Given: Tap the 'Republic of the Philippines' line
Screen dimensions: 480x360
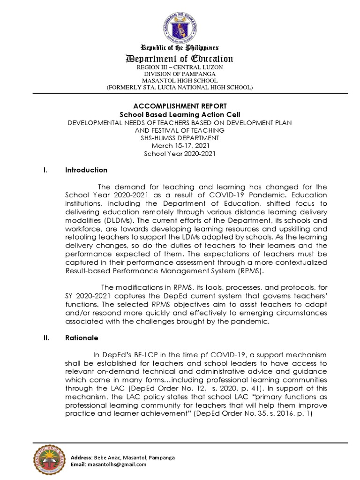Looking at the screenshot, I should click(x=180, y=48).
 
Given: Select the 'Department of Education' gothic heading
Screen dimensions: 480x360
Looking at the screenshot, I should click(x=180, y=59).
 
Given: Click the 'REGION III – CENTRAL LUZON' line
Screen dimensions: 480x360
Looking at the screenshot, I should click(x=180, y=67).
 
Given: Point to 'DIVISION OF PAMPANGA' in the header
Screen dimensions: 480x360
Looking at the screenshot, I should click(x=180, y=74).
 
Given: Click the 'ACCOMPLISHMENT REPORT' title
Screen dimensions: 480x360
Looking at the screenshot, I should click(x=180, y=106).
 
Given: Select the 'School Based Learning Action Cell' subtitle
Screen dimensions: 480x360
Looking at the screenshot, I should click(x=180, y=114).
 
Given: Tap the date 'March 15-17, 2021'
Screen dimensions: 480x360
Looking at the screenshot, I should click(x=180, y=145).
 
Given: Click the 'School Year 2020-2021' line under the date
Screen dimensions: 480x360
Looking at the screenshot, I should click(x=180, y=153).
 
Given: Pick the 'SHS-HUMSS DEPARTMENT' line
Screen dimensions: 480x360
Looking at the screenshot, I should click(x=180, y=138).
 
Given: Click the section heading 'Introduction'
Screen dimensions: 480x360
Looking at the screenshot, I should click(x=86, y=170).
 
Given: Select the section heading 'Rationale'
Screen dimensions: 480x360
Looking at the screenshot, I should click(x=82, y=338).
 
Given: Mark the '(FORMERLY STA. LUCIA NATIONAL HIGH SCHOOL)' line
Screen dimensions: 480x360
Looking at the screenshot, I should click(x=180, y=87).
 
